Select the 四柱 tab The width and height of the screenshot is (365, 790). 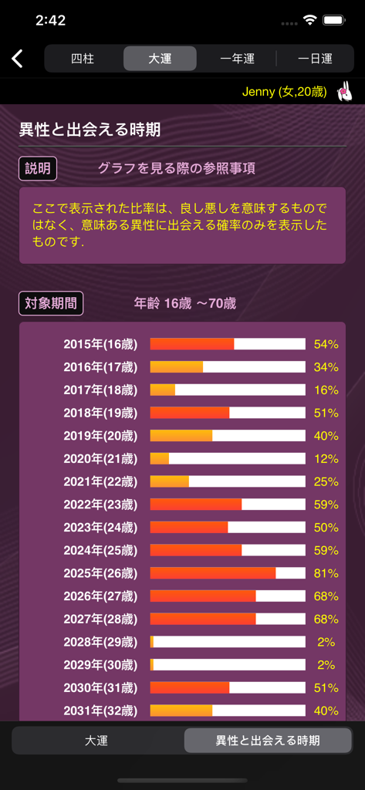click(83, 59)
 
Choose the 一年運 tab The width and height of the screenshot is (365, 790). click(237, 59)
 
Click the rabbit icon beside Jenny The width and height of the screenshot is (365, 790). click(344, 92)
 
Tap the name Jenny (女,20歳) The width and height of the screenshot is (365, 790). click(284, 93)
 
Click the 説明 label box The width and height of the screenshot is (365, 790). click(38, 168)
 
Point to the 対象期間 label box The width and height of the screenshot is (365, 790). click(51, 303)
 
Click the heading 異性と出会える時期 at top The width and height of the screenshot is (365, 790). click(90, 130)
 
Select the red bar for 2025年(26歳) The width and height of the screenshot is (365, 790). click(212, 573)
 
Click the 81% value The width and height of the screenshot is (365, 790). click(326, 573)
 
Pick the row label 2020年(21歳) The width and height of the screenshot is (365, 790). click(100, 459)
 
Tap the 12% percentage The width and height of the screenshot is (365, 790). click(326, 459)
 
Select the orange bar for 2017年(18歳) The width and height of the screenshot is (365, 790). click(163, 390)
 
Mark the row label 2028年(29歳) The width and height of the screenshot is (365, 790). click(100, 642)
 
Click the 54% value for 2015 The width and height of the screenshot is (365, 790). click(326, 344)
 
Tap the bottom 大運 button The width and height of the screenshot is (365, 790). click(96, 741)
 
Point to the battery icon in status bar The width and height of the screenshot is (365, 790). click(333, 21)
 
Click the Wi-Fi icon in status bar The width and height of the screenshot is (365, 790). click(309, 21)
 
